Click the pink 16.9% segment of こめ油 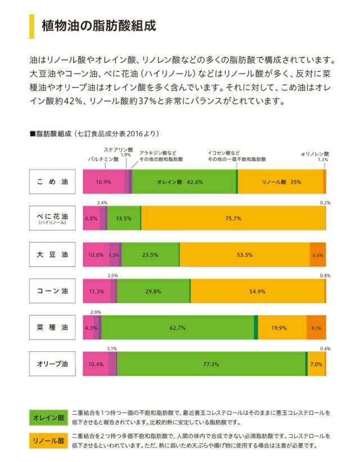(103, 182)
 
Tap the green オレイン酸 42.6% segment (184, 182)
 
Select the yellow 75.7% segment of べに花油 (233, 219)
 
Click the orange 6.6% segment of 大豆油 (317, 255)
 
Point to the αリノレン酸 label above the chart (314, 153)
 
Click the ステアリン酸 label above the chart (118, 149)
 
